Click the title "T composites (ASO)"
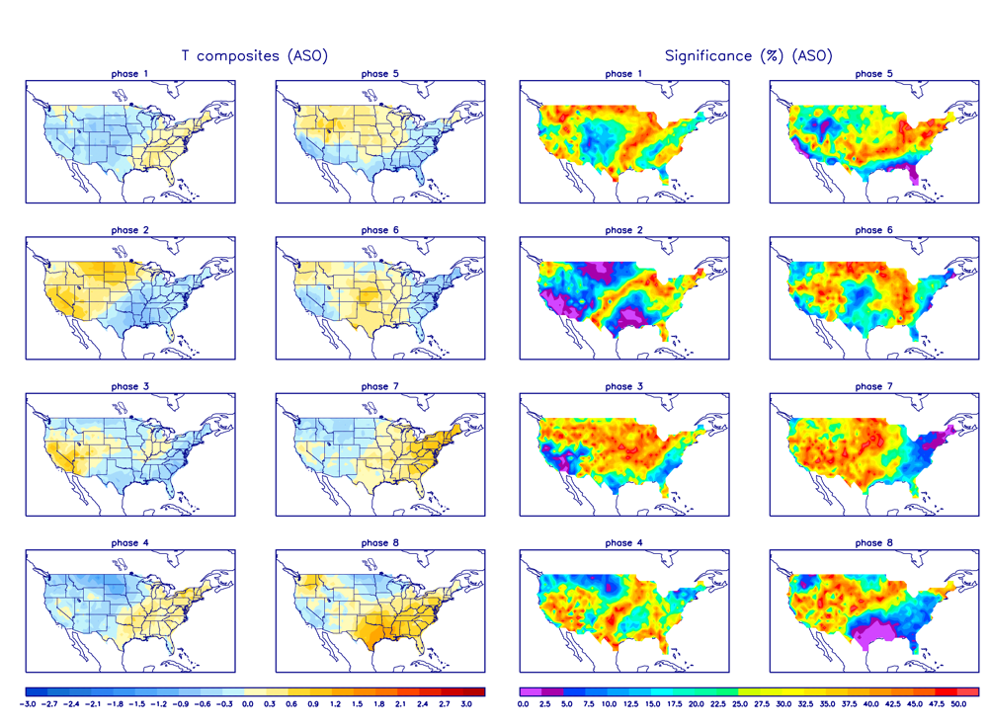255,56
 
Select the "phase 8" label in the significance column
868,542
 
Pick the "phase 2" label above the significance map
619,230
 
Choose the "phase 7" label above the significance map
868,386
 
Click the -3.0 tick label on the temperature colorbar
30,704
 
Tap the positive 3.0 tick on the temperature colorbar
467,704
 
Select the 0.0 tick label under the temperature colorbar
248,704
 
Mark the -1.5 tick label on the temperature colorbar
139,704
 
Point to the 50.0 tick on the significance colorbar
957,704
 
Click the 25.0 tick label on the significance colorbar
739,704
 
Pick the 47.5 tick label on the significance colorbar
936,704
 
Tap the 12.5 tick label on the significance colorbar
629,704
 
